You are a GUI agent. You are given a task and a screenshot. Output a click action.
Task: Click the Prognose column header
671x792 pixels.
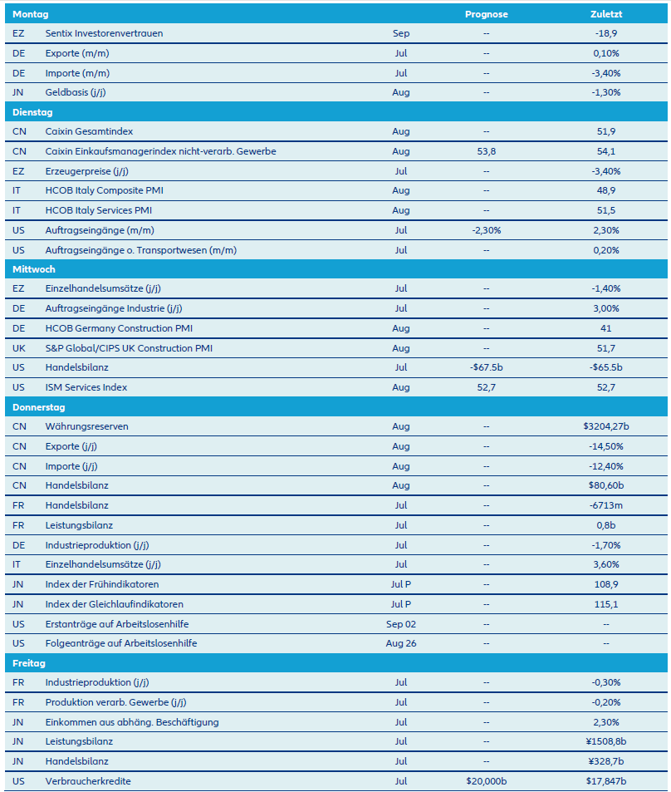tap(486, 14)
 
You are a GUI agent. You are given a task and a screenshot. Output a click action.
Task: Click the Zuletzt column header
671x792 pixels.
tap(605, 14)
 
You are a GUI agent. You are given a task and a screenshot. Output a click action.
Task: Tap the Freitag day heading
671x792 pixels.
tap(29, 663)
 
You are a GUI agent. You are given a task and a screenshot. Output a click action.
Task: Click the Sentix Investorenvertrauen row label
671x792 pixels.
tap(104, 34)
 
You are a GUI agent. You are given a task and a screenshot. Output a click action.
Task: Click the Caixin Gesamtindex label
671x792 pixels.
tap(89, 131)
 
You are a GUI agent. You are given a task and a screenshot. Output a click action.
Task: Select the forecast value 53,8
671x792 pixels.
tap(486, 151)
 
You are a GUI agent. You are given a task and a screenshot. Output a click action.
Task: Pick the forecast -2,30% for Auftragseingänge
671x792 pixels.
tap(486, 230)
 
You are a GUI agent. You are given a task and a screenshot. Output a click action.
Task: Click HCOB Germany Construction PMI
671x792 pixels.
tap(122, 328)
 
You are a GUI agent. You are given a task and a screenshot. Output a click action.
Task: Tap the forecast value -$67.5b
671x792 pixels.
tap(486, 367)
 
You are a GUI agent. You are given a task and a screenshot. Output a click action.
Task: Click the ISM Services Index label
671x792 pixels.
tap(86, 387)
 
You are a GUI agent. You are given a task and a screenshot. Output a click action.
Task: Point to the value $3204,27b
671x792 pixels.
tap(605, 426)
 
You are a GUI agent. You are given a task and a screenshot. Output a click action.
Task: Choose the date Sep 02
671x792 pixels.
tap(401, 623)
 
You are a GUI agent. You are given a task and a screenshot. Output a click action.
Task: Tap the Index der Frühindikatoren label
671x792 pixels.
tap(102, 584)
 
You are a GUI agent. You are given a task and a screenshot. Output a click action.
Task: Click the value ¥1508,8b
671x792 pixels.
tap(605, 741)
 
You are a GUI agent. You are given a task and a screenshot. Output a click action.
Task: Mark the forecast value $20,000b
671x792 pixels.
tap(486, 781)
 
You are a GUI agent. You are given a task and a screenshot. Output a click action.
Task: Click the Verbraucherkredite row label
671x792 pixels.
tap(88, 781)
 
